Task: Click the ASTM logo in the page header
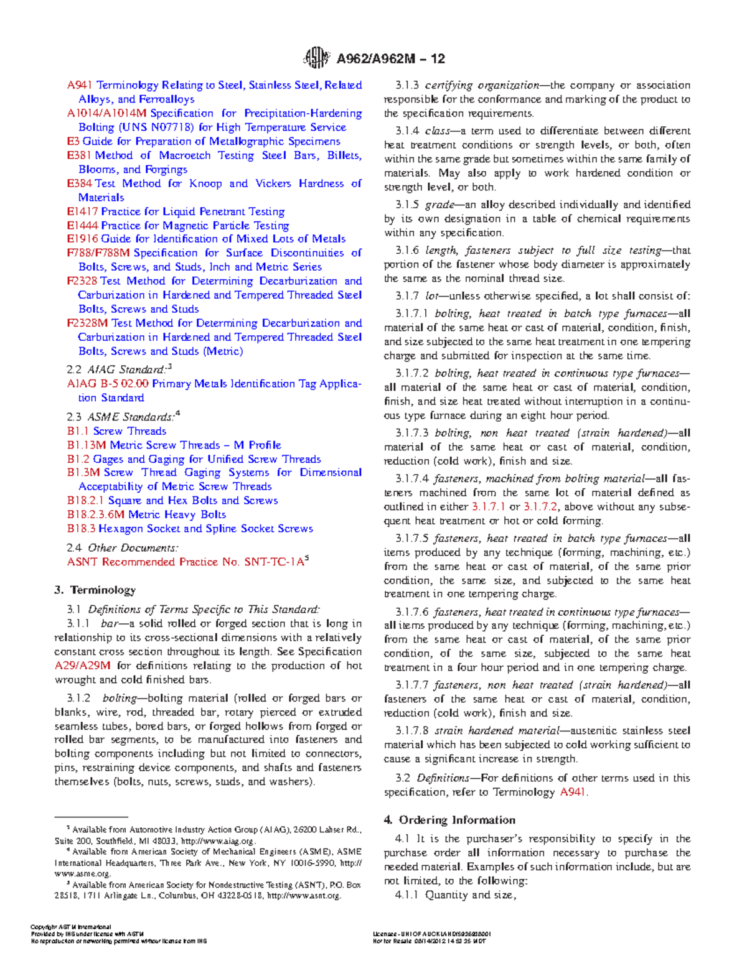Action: point(316,58)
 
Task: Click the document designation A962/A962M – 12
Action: point(390,59)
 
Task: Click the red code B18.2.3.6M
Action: point(96,514)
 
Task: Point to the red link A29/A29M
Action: point(82,666)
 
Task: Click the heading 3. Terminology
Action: point(95,590)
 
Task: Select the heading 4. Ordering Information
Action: point(449,820)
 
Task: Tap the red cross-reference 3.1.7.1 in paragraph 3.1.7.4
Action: point(489,507)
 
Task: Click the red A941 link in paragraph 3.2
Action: point(573,792)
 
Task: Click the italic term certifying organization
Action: point(482,85)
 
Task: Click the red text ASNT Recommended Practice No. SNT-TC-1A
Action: point(186,562)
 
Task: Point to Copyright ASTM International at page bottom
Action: point(71,927)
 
